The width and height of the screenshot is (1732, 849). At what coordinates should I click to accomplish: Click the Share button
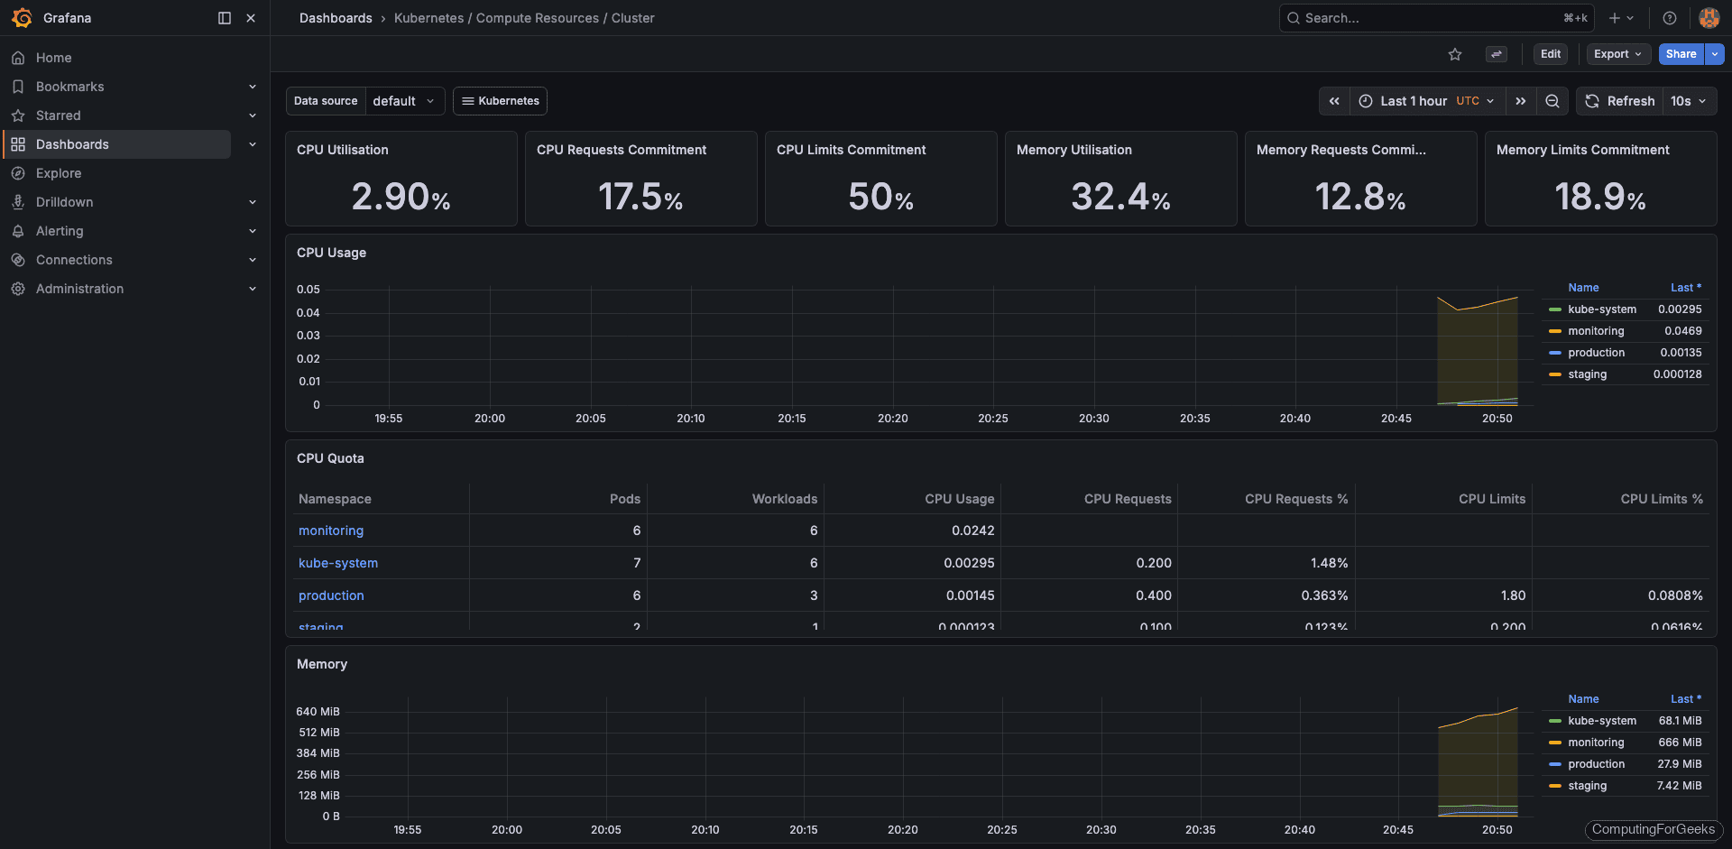[1681, 54]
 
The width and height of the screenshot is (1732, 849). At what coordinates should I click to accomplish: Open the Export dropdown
[1617, 54]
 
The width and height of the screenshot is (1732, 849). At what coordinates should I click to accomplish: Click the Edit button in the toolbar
[1550, 54]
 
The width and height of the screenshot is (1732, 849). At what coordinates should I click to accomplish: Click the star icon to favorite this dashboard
[1455, 54]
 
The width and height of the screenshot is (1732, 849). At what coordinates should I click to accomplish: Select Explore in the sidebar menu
[59, 173]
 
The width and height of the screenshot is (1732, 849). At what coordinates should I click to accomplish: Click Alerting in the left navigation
[60, 231]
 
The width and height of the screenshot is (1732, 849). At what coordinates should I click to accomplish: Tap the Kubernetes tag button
[500, 101]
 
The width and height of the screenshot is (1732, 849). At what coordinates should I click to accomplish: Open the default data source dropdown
[403, 101]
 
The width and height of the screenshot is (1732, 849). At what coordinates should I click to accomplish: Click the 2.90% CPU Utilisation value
[401, 197]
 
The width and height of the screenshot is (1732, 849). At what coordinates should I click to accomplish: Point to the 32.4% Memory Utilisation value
[1120, 197]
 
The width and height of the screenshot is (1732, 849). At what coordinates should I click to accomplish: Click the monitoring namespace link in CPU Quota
[331, 531]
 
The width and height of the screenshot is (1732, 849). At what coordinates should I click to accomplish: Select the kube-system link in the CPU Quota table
[338, 563]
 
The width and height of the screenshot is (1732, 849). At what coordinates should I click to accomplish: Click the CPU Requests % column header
[1295, 499]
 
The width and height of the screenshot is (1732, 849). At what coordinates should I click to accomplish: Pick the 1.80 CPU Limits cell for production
[1513, 595]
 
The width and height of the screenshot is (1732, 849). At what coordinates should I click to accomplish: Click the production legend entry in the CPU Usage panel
[1596, 353]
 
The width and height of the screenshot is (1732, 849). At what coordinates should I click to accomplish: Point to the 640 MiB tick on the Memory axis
[318, 712]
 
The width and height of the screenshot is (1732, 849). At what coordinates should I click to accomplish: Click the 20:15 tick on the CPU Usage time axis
[791, 419]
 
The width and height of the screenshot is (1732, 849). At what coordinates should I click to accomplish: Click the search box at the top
[1434, 18]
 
